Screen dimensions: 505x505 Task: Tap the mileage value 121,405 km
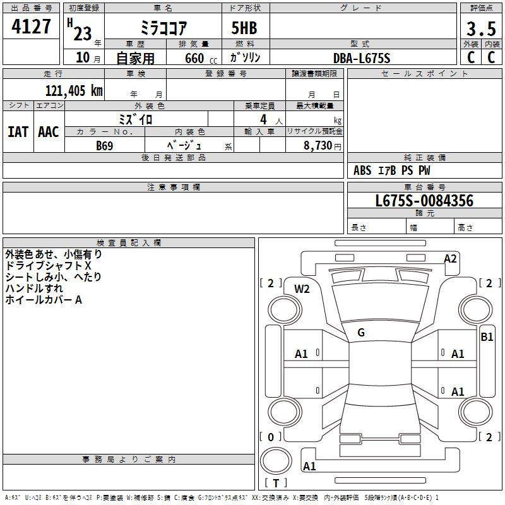click(x=74, y=91)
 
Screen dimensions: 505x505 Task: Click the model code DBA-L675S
click(x=362, y=58)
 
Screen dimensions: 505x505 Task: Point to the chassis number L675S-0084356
click(x=424, y=201)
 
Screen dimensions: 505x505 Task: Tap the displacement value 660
click(x=194, y=58)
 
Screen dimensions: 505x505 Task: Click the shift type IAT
click(x=18, y=132)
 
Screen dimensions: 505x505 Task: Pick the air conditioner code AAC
click(x=49, y=132)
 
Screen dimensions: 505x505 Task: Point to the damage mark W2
click(x=302, y=289)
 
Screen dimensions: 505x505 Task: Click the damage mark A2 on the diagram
click(x=450, y=258)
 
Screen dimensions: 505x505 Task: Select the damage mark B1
click(x=487, y=337)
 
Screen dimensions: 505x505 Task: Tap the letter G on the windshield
click(x=361, y=333)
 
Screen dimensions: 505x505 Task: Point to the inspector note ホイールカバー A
click(x=44, y=300)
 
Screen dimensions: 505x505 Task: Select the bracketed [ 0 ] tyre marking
click(x=271, y=437)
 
